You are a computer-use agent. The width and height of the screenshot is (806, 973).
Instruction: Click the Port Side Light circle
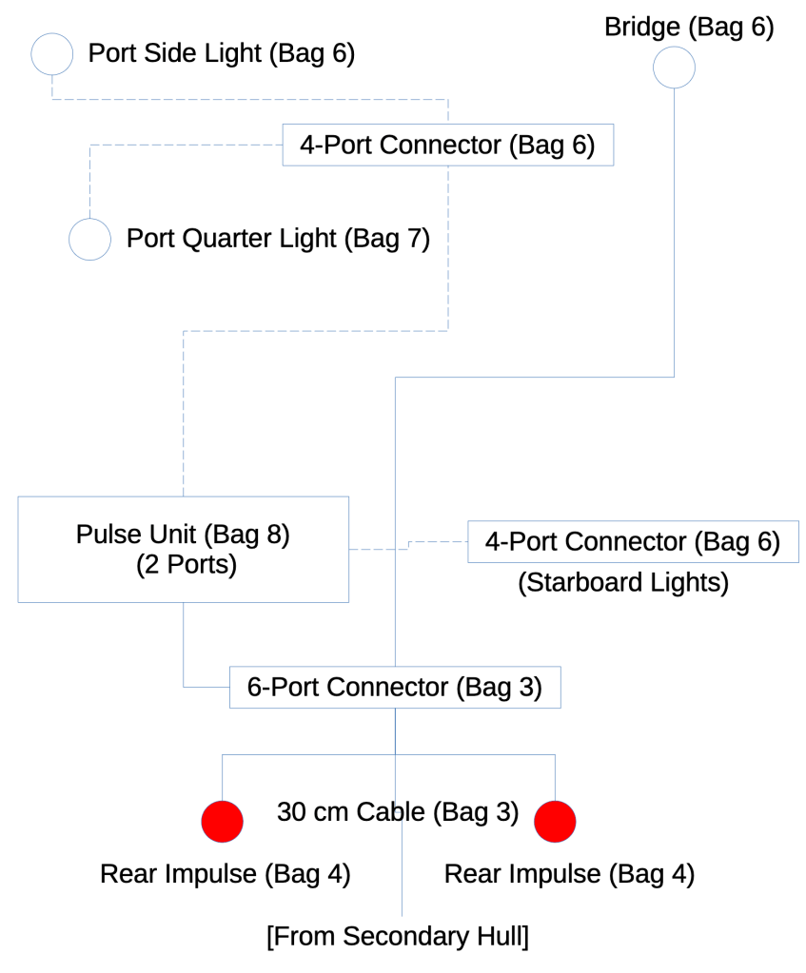[x=52, y=53]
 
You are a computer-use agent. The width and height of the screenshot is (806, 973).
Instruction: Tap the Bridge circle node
[x=674, y=68]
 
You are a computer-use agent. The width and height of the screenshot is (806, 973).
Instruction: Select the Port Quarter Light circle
[x=90, y=239]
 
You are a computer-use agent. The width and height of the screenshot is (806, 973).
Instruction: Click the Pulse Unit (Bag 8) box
[x=183, y=549]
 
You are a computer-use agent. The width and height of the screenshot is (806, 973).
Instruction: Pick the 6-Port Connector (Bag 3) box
[x=395, y=687]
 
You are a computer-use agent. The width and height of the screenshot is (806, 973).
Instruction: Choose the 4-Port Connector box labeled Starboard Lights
[x=633, y=542]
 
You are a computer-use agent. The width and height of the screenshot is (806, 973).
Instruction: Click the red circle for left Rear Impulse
[x=223, y=821]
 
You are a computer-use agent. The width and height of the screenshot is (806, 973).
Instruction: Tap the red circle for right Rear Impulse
[x=555, y=821]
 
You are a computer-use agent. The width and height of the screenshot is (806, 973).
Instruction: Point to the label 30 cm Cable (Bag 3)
[x=398, y=812]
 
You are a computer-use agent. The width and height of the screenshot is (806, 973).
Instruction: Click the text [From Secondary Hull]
[x=398, y=936]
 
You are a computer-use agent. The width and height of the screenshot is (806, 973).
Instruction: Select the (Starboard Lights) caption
[x=623, y=582]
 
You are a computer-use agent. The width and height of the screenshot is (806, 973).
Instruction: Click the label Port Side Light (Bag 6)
[x=222, y=53]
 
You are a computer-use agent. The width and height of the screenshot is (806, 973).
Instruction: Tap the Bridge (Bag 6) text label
[x=689, y=27]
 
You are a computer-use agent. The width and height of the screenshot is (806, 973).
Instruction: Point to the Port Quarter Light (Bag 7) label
[x=278, y=239]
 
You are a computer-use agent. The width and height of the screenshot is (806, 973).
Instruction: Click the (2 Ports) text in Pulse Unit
[x=187, y=565]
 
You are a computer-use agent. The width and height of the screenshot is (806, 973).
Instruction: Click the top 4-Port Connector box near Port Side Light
[x=447, y=145]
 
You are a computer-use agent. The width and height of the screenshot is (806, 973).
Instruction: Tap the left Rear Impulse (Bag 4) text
[x=226, y=874]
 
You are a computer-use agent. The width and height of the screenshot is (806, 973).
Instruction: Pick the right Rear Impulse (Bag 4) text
[x=569, y=874]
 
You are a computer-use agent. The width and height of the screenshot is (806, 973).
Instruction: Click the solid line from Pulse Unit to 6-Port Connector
[x=184, y=647]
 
